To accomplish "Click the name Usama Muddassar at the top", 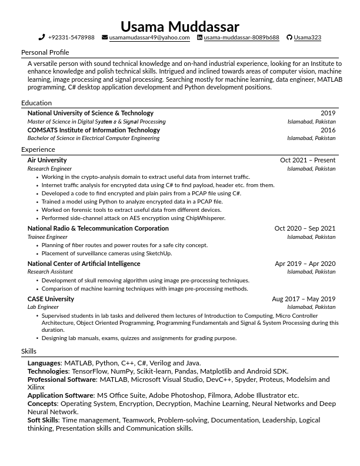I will pyautogui.click(x=180, y=26).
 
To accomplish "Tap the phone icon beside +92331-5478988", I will pyautogui.click(x=42, y=38).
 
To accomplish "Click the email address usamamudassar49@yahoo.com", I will pyautogui.click(x=149, y=38).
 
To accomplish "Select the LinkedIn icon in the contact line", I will pyautogui.click(x=199, y=38).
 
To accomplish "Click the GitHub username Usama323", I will pyautogui.click(x=307, y=38).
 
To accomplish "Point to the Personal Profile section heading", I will pyautogui.click(x=45, y=52).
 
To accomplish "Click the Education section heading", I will pyautogui.click(x=36, y=103).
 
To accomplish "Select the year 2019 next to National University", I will pyautogui.click(x=328, y=113).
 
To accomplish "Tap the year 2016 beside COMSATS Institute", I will pyautogui.click(x=328, y=130).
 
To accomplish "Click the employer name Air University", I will pyautogui.click(x=47, y=160).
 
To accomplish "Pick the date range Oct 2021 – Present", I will pyautogui.click(x=308, y=160).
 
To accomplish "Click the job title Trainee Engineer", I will pyautogui.click(x=48, y=237).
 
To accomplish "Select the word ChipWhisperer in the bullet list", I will pyautogui.click(x=205, y=218).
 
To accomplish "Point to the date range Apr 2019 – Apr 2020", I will pyautogui.click(x=305, y=264).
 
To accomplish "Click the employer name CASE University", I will pyautogui.click(x=51, y=299).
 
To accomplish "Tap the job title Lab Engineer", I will pyautogui.click(x=43, y=307).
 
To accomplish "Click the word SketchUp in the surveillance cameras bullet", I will pyautogui.click(x=159, y=254).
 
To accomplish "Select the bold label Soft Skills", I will pyautogui.click(x=43, y=420).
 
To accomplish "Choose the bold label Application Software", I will pyautogui.click(x=61, y=395).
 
